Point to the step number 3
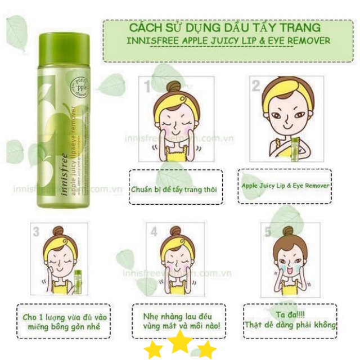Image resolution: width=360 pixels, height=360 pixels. point(37,231)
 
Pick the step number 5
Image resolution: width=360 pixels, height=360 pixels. point(268,231)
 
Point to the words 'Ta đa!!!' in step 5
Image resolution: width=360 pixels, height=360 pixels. point(290,314)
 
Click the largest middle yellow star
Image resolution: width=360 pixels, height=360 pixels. point(181,343)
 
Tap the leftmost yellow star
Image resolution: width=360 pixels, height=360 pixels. point(154,350)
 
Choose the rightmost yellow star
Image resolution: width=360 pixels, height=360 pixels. point(206,350)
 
